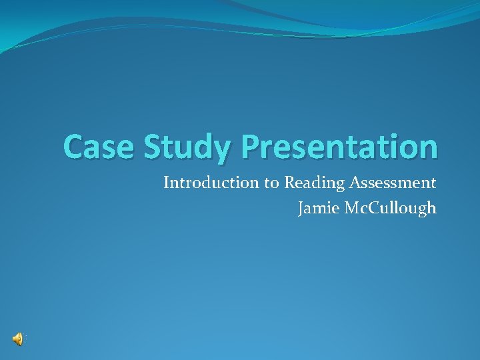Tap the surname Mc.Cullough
pyautogui.click(x=390, y=209)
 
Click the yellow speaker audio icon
pyautogui.click(x=18, y=339)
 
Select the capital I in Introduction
pyautogui.click(x=167, y=183)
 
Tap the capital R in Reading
pyautogui.click(x=289, y=183)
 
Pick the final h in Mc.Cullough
pyautogui.click(x=431, y=208)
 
